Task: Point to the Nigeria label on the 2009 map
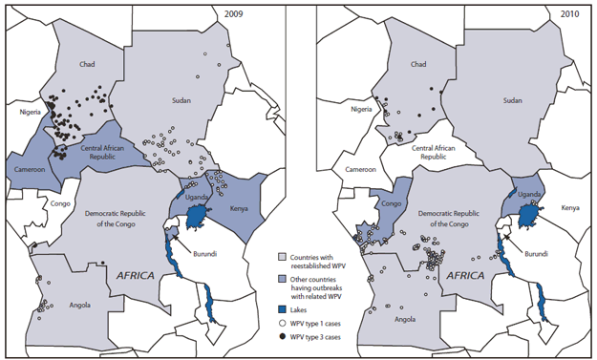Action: [x=30, y=111]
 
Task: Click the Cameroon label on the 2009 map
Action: [x=32, y=168]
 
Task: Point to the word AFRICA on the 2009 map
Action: [x=137, y=275]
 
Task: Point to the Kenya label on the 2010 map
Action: [x=569, y=207]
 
